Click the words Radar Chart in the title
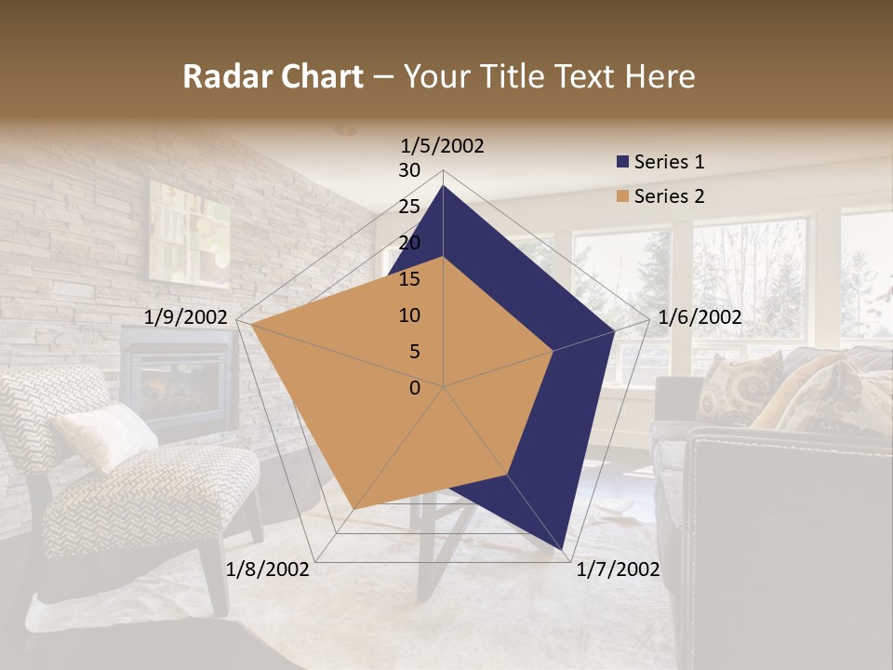point(273,77)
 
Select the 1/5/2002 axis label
point(443,145)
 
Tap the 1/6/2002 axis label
point(700,317)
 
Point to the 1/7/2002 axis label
point(618,569)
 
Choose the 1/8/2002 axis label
point(268,569)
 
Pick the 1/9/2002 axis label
point(186,317)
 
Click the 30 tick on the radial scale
point(409,170)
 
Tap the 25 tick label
point(409,207)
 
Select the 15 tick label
point(409,279)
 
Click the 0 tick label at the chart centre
point(415,388)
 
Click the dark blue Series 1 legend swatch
point(622,163)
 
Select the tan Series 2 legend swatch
point(622,196)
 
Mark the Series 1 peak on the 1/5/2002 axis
point(443,186)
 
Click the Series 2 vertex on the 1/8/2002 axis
point(353,510)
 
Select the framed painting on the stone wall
point(189,232)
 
